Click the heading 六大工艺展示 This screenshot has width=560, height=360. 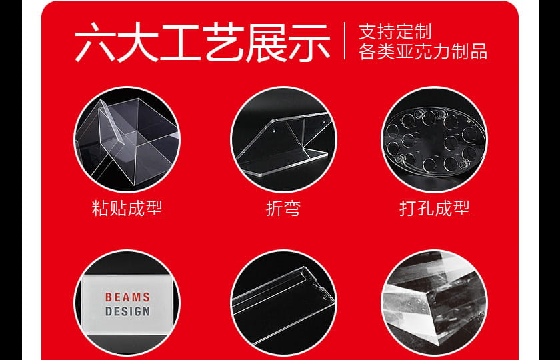click(x=202, y=42)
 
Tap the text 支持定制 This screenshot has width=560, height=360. click(x=395, y=32)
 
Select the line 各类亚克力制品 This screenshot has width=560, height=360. click(x=423, y=51)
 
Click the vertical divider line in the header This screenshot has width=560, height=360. click(x=345, y=41)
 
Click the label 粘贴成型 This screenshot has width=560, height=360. click(x=127, y=208)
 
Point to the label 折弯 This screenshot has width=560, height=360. click(x=283, y=208)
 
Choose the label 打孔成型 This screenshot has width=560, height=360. click(x=434, y=208)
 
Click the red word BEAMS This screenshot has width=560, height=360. click(x=127, y=297)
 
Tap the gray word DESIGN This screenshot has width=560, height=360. click(x=127, y=311)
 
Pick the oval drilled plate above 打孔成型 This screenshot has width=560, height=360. click(x=434, y=141)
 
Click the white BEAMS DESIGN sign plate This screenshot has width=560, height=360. click(x=127, y=304)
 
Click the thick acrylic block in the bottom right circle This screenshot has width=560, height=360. click(x=434, y=303)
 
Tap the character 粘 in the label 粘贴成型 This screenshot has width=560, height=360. click(x=100, y=208)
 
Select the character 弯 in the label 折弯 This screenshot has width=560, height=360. click(x=292, y=208)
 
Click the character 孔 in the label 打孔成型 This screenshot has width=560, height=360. click(x=425, y=208)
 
